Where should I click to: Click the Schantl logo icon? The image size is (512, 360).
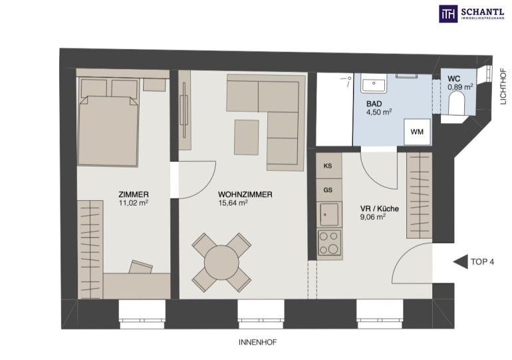448,14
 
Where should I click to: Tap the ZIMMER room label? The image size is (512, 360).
134,195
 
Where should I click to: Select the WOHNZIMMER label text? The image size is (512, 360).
245,195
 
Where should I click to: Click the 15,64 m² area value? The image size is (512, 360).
233,203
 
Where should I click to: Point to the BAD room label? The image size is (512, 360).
374,104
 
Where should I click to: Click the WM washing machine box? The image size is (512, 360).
418,132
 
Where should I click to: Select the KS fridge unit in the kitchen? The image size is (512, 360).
328,166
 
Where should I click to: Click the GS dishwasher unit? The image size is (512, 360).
328,190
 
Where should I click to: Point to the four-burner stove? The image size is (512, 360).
329,242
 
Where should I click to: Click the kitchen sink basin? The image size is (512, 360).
329,214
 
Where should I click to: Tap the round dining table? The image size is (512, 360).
221,262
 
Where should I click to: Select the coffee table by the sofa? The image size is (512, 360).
247,137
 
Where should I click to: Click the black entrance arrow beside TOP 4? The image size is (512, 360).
461,262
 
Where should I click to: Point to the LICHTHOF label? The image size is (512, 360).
503,87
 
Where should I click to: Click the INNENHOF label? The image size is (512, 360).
258,342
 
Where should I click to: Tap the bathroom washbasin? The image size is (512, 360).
374,83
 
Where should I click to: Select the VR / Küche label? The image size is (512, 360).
380,209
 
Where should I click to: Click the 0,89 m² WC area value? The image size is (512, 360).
460,87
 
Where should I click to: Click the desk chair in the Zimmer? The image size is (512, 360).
141,267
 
